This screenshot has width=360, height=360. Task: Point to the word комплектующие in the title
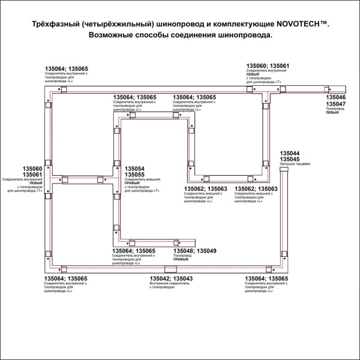tap(237, 24)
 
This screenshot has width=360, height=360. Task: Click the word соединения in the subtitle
tap(199, 35)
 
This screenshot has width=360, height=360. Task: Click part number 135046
tap(335, 97)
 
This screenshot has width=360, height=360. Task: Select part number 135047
tap(335, 104)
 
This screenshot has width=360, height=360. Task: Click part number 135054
tap(134, 169)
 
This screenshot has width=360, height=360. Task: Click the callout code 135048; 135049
tap(194, 251)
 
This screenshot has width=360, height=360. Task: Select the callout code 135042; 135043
tap(171, 278)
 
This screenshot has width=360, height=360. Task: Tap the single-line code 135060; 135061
tap(268, 65)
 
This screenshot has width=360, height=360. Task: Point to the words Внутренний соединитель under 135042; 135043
tap(166, 284)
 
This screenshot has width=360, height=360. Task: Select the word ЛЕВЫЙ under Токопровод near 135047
tap(332, 113)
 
